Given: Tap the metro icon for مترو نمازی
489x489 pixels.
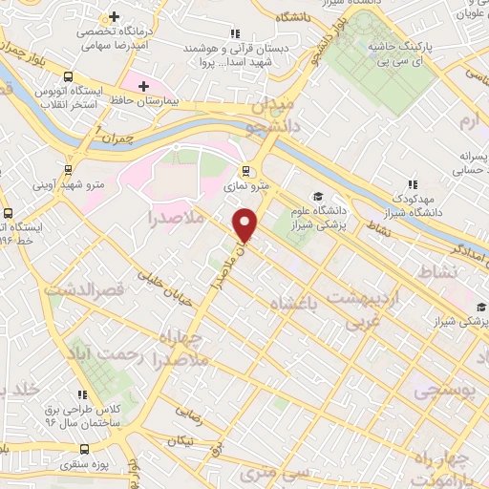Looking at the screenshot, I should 247,172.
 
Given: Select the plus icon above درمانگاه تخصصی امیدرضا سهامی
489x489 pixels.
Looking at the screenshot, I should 116,17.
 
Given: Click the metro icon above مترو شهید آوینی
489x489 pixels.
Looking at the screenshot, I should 69,162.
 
